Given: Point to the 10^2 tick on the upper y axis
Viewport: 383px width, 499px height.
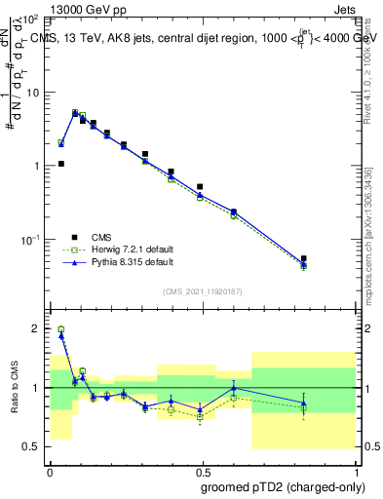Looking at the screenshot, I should click(x=30, y=19).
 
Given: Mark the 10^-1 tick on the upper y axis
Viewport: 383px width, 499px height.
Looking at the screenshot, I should click(x=30, y=240).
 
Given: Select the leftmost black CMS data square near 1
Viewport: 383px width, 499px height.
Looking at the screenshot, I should click(x=61, y=164).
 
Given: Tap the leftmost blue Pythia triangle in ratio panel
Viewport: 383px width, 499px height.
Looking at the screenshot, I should click(x=61, y=335).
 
